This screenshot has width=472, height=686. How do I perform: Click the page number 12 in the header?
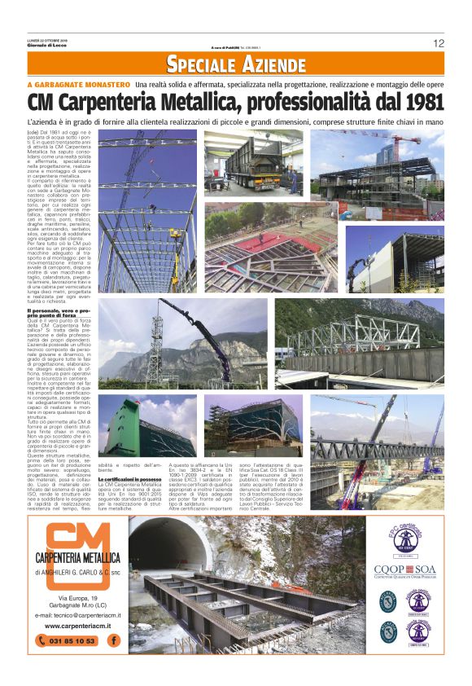[438, 43]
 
